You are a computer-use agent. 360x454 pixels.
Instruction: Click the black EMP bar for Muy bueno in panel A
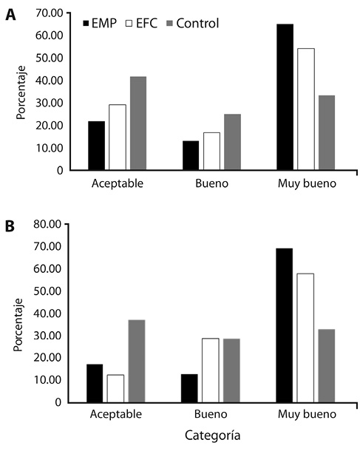(285, 97)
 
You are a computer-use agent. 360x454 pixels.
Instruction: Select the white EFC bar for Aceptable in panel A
(118, 138)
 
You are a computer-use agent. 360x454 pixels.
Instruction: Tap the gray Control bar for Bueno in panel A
(232, 142)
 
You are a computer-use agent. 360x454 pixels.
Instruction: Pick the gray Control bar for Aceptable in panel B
(137, 361)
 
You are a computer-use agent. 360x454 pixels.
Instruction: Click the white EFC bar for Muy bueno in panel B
(305, 338)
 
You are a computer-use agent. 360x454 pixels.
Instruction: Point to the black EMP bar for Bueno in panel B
(189, 388)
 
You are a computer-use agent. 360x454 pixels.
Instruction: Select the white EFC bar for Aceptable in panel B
(115, 389)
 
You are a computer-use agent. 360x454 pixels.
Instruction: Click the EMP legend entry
(100, 23)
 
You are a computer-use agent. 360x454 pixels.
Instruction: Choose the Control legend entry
(193, 23)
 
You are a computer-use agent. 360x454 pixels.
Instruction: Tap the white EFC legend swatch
(129, 24)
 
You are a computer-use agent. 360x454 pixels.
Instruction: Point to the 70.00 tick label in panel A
(50, 13)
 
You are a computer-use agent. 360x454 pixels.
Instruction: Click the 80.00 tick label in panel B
(47, 224)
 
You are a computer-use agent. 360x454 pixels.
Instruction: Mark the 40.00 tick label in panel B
(47, 314)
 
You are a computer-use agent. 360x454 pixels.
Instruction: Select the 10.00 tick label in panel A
(50, 148)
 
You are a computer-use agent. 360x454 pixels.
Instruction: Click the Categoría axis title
(213, 436)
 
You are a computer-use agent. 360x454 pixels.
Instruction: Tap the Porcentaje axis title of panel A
(21, 92)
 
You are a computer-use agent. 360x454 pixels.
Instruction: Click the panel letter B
(10, 226)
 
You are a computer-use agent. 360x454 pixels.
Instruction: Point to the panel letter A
(10, 15)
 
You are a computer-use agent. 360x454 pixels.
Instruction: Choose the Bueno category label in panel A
(212, 183)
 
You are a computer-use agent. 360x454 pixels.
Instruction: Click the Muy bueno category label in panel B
(307, 414)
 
